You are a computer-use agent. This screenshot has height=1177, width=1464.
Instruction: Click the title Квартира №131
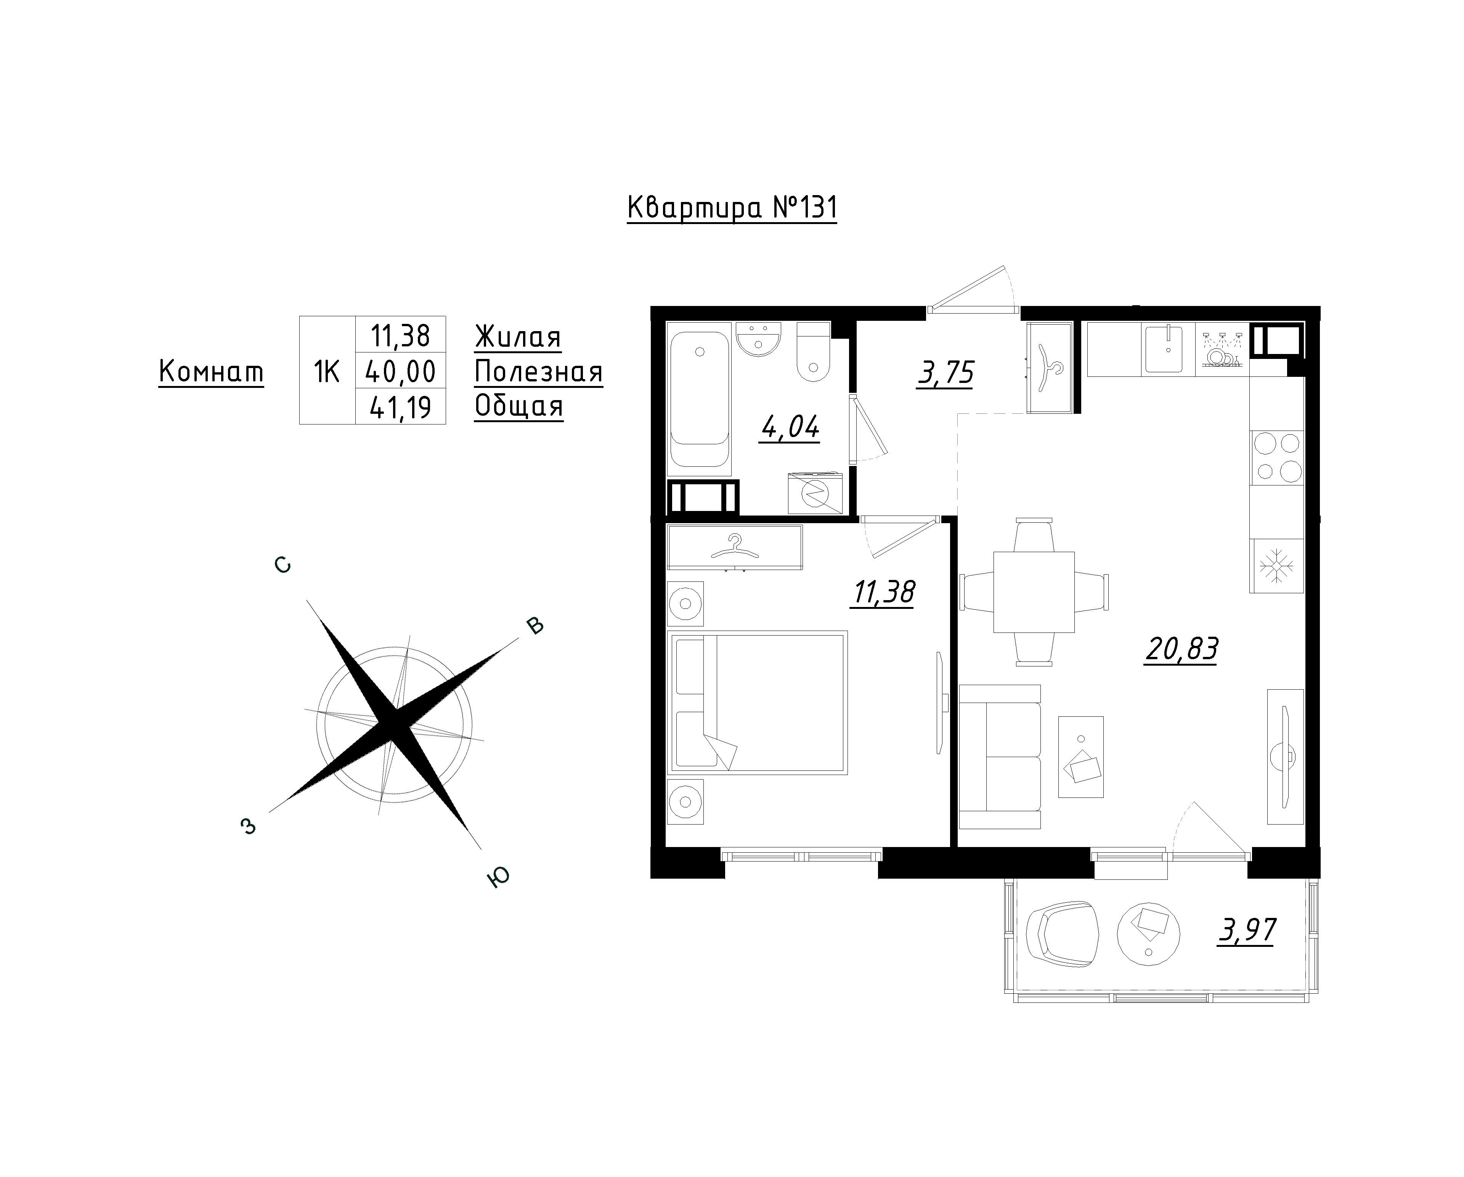[732, 208]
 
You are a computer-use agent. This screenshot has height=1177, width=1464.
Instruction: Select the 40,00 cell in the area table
[401, 371]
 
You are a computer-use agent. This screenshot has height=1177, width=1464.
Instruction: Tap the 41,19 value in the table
[401, 407]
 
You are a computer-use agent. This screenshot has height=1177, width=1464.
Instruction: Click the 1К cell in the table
[327, 371]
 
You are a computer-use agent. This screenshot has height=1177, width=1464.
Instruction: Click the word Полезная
[538, 372]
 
